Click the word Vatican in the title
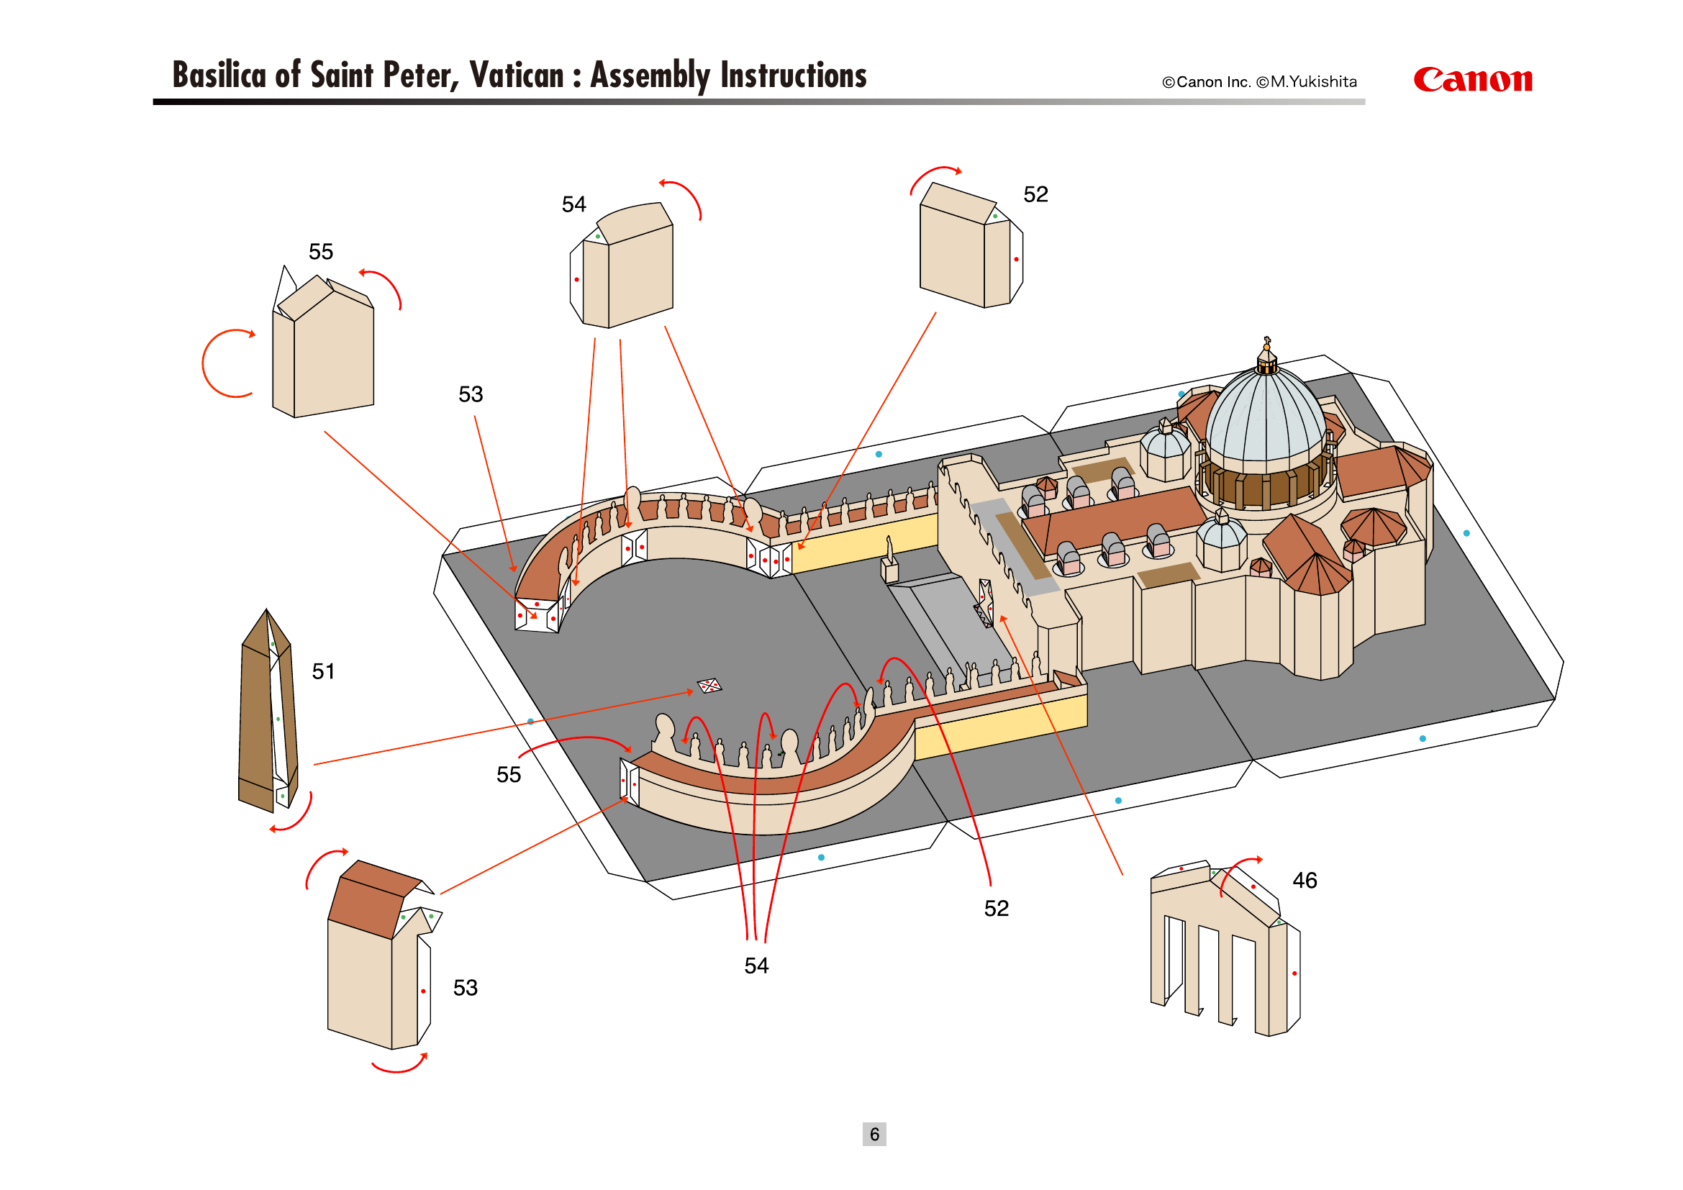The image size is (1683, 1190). (x=516, y=76)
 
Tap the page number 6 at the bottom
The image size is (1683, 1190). (x=874, y=1134)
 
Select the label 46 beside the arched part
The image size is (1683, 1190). (x=1304, y=880)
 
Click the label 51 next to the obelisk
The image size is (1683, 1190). (x=323, y=671)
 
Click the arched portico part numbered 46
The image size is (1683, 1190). (x=1224, y=953)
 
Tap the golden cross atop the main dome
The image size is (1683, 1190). (x=1266, y=342)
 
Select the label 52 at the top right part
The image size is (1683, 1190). (x=1035, y=194)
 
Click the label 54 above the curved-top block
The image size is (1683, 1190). (x=574, y=204)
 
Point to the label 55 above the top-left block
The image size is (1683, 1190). (x=320, y=252)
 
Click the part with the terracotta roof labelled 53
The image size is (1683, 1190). (x=374, y=960)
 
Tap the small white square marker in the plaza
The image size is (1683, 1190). (x=709, y=686)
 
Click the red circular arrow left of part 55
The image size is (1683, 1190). (x=224, y=363)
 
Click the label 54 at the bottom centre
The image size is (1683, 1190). (x=756, y=966)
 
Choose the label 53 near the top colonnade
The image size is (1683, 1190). (x=471, y=394)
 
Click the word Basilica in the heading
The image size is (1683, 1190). (x=219, y=76)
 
